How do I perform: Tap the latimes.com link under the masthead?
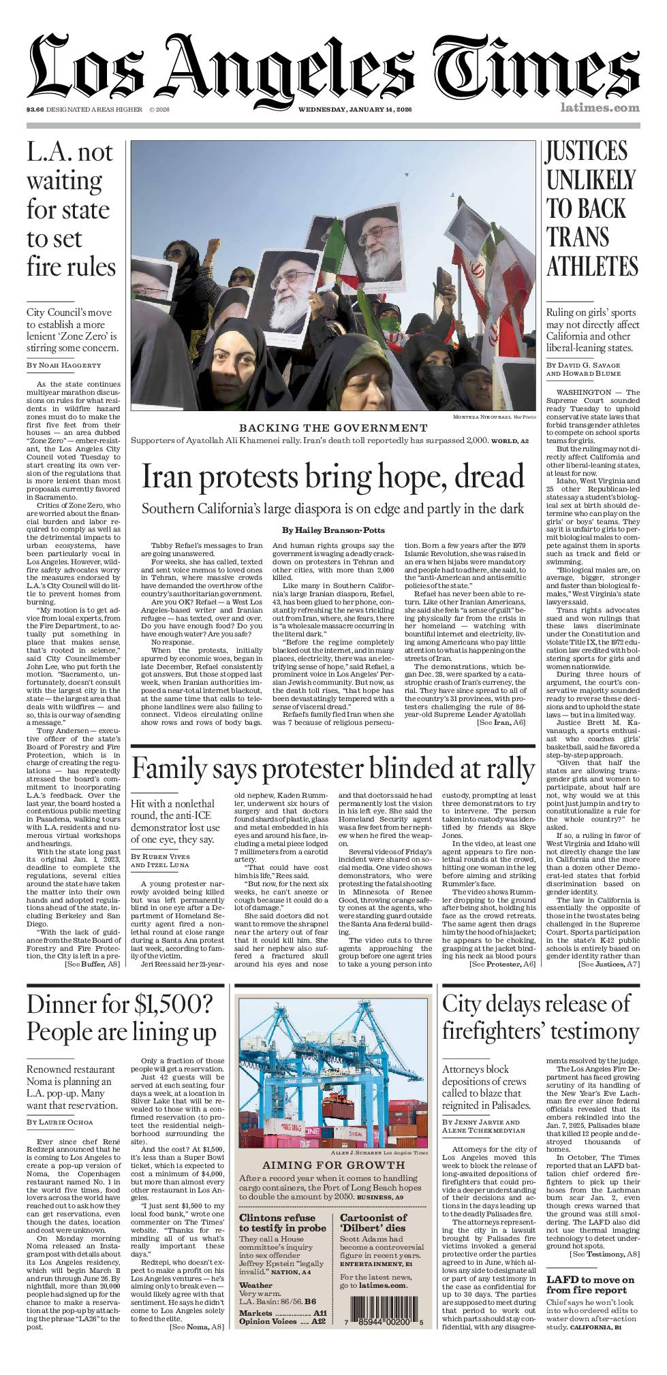[x=600, y=108]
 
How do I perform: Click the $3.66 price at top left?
[x=35, y=110]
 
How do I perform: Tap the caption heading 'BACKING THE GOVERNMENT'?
[x=332, y=427]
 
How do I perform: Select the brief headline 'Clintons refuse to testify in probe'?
[x=277, y=1223]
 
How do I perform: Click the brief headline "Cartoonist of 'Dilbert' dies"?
[x=373, y=1223]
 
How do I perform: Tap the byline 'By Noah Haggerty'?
[x=64, y=366]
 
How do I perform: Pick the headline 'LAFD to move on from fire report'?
[x=590, y=1284]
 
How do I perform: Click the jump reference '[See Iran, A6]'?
[x=501, y=722]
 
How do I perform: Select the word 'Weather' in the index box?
[x=255, y=1285]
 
